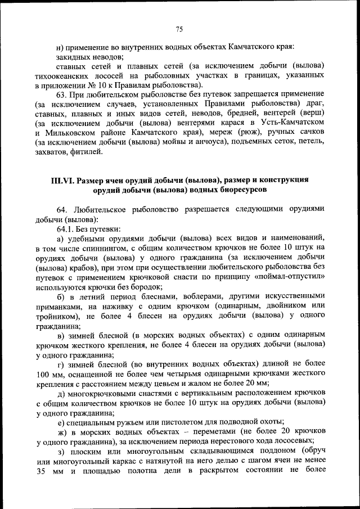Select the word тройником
[x=54, y=316]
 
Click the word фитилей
[x=87, y=151]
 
